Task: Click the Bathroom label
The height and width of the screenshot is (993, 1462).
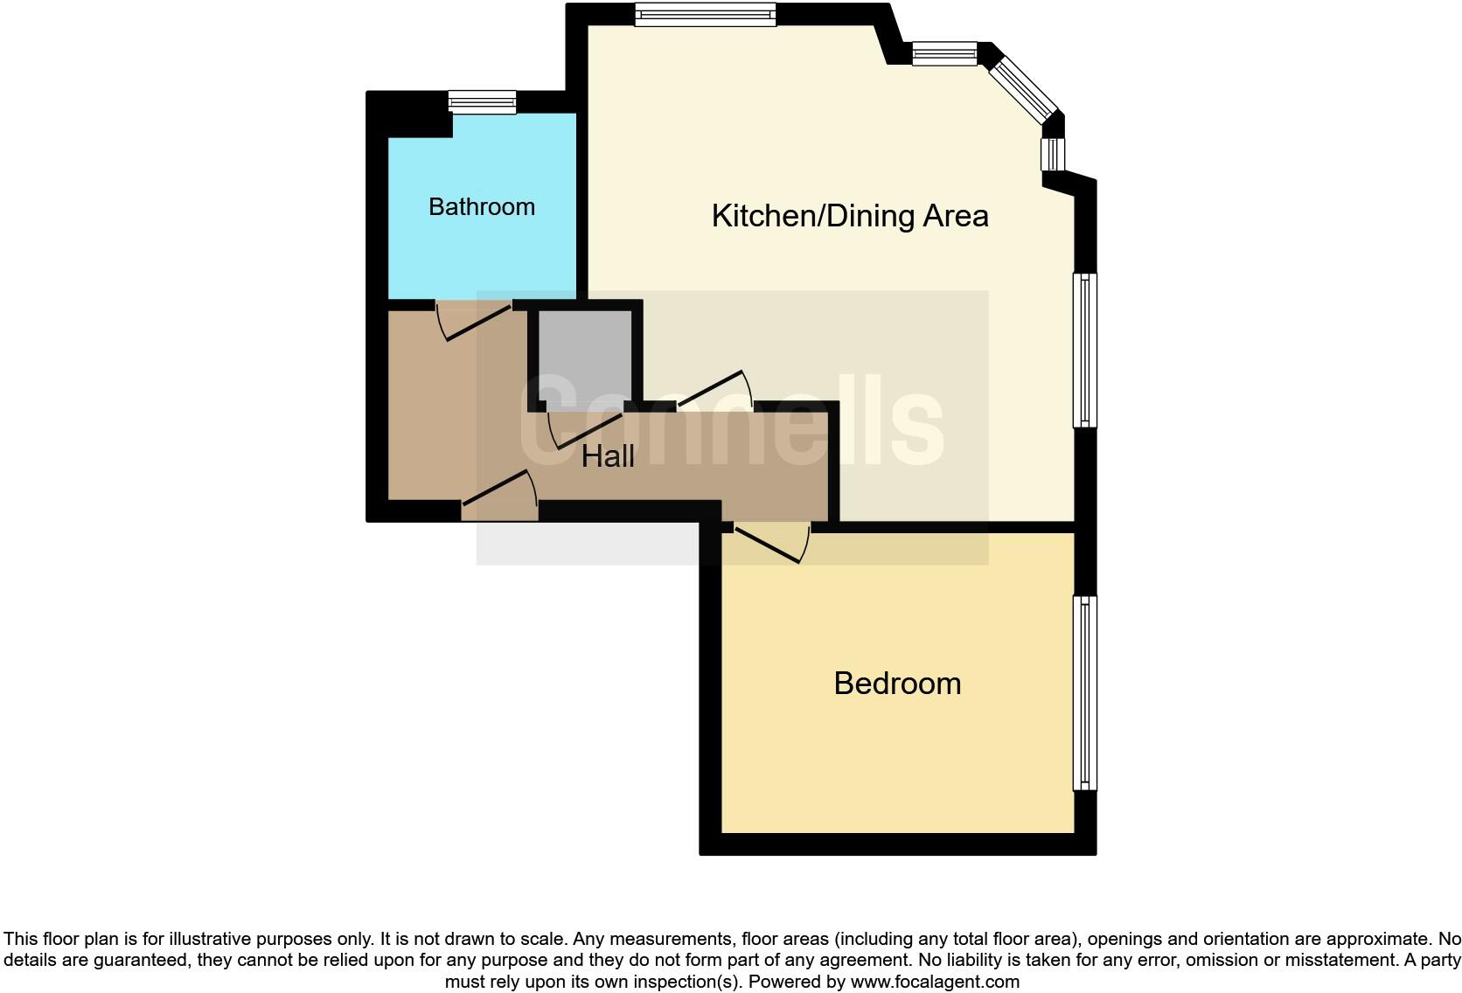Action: (x=481, y=207)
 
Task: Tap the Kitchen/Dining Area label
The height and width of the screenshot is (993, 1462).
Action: (x=849, y=216)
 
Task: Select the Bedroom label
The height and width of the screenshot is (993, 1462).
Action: (x=897, y=684)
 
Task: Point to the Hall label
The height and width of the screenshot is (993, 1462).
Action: (x=608, y=456)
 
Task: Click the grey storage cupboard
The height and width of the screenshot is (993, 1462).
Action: (x=584, y=355)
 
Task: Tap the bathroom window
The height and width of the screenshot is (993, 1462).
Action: (x=482, y=102)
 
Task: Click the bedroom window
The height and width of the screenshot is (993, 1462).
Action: (x=1084, y=692)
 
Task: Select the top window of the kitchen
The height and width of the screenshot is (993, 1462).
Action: (x=705, y=14)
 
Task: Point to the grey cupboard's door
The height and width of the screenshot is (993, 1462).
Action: (x=585, y=427)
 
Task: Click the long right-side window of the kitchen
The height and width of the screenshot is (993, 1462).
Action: (x=1084, y=350)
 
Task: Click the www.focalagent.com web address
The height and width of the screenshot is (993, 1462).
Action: (x=935, y=982)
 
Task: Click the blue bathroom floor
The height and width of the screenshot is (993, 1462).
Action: (x=481, y=253)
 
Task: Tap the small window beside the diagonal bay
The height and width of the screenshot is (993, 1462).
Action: (x=944, y=54)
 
